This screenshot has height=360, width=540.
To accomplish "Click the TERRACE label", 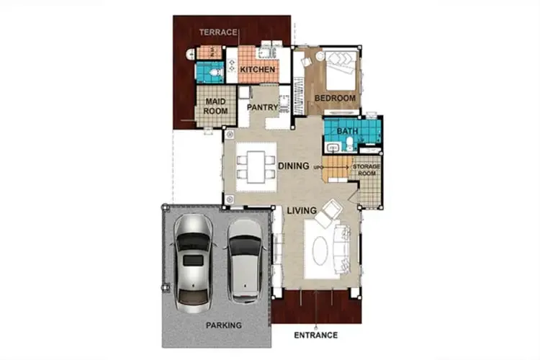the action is pyautogui.click(x=218, y=32).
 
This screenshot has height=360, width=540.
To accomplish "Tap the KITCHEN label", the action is pyautogui.click(x=258, y=69).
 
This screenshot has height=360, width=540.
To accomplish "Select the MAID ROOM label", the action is pyautogui.click(x=215, y=106).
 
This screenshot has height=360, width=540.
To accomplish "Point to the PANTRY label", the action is pyautogui.click(x=262, y=107).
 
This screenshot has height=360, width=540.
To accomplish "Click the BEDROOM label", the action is pyautogui.click(x=335, y=98).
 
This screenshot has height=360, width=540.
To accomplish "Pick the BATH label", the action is pyautogui.click(x=348, y=131).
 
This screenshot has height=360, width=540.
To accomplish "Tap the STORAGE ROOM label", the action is pyautogui.click(x=366, y=170).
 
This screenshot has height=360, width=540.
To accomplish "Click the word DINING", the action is pyautogui.click(x=294, y=166).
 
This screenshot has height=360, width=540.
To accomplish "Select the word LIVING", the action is pyautogui.click(x=302, y=210).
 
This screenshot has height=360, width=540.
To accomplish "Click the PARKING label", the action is pyautogui.click(x=224, y=325).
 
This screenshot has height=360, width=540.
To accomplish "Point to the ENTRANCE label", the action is pyautogui.click(x=316, y=336).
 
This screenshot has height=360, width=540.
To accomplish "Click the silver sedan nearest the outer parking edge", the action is pyautogui.click(x=193, y=264).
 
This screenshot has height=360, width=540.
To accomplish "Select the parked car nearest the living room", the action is pyautogui.click(x=245, y=261).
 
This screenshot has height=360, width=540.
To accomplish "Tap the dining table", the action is pyautogui.click(x=256, y=167).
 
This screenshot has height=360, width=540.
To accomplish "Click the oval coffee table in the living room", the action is pyautogui.click(x=320, y=251).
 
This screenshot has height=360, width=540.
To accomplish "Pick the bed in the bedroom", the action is pyautogui.click(x=341, y=71).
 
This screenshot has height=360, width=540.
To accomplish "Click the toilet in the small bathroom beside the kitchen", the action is pyautogui.click(x=216, y=73).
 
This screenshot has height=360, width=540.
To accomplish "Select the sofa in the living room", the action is pyautogui.click(x=341, y=248).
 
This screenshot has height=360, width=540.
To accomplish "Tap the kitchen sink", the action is pyautogui.click(x=265, y=53).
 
